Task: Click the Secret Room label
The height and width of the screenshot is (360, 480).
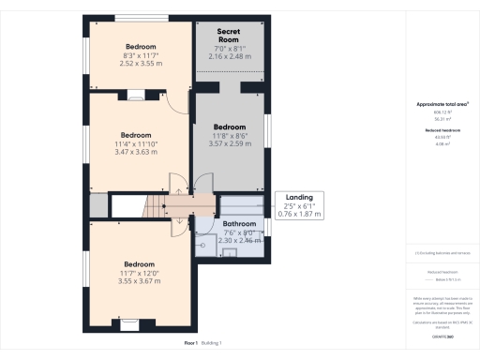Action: [229, 37]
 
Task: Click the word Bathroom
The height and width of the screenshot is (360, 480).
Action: [239, 224]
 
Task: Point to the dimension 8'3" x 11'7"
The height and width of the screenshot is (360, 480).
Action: [139, 56]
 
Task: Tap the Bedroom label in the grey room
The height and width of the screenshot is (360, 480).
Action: [229, 126]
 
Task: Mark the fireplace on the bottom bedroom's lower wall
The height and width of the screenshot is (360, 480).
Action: [128, 325]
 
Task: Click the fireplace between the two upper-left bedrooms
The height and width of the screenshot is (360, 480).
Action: [137, 93]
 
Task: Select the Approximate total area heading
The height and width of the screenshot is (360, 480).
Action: [442, 103]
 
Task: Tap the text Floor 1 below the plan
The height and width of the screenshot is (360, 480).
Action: [190, 343]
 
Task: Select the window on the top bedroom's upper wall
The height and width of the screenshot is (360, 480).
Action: [142, 18]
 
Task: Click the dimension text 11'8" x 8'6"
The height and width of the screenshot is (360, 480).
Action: [229, 136]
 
